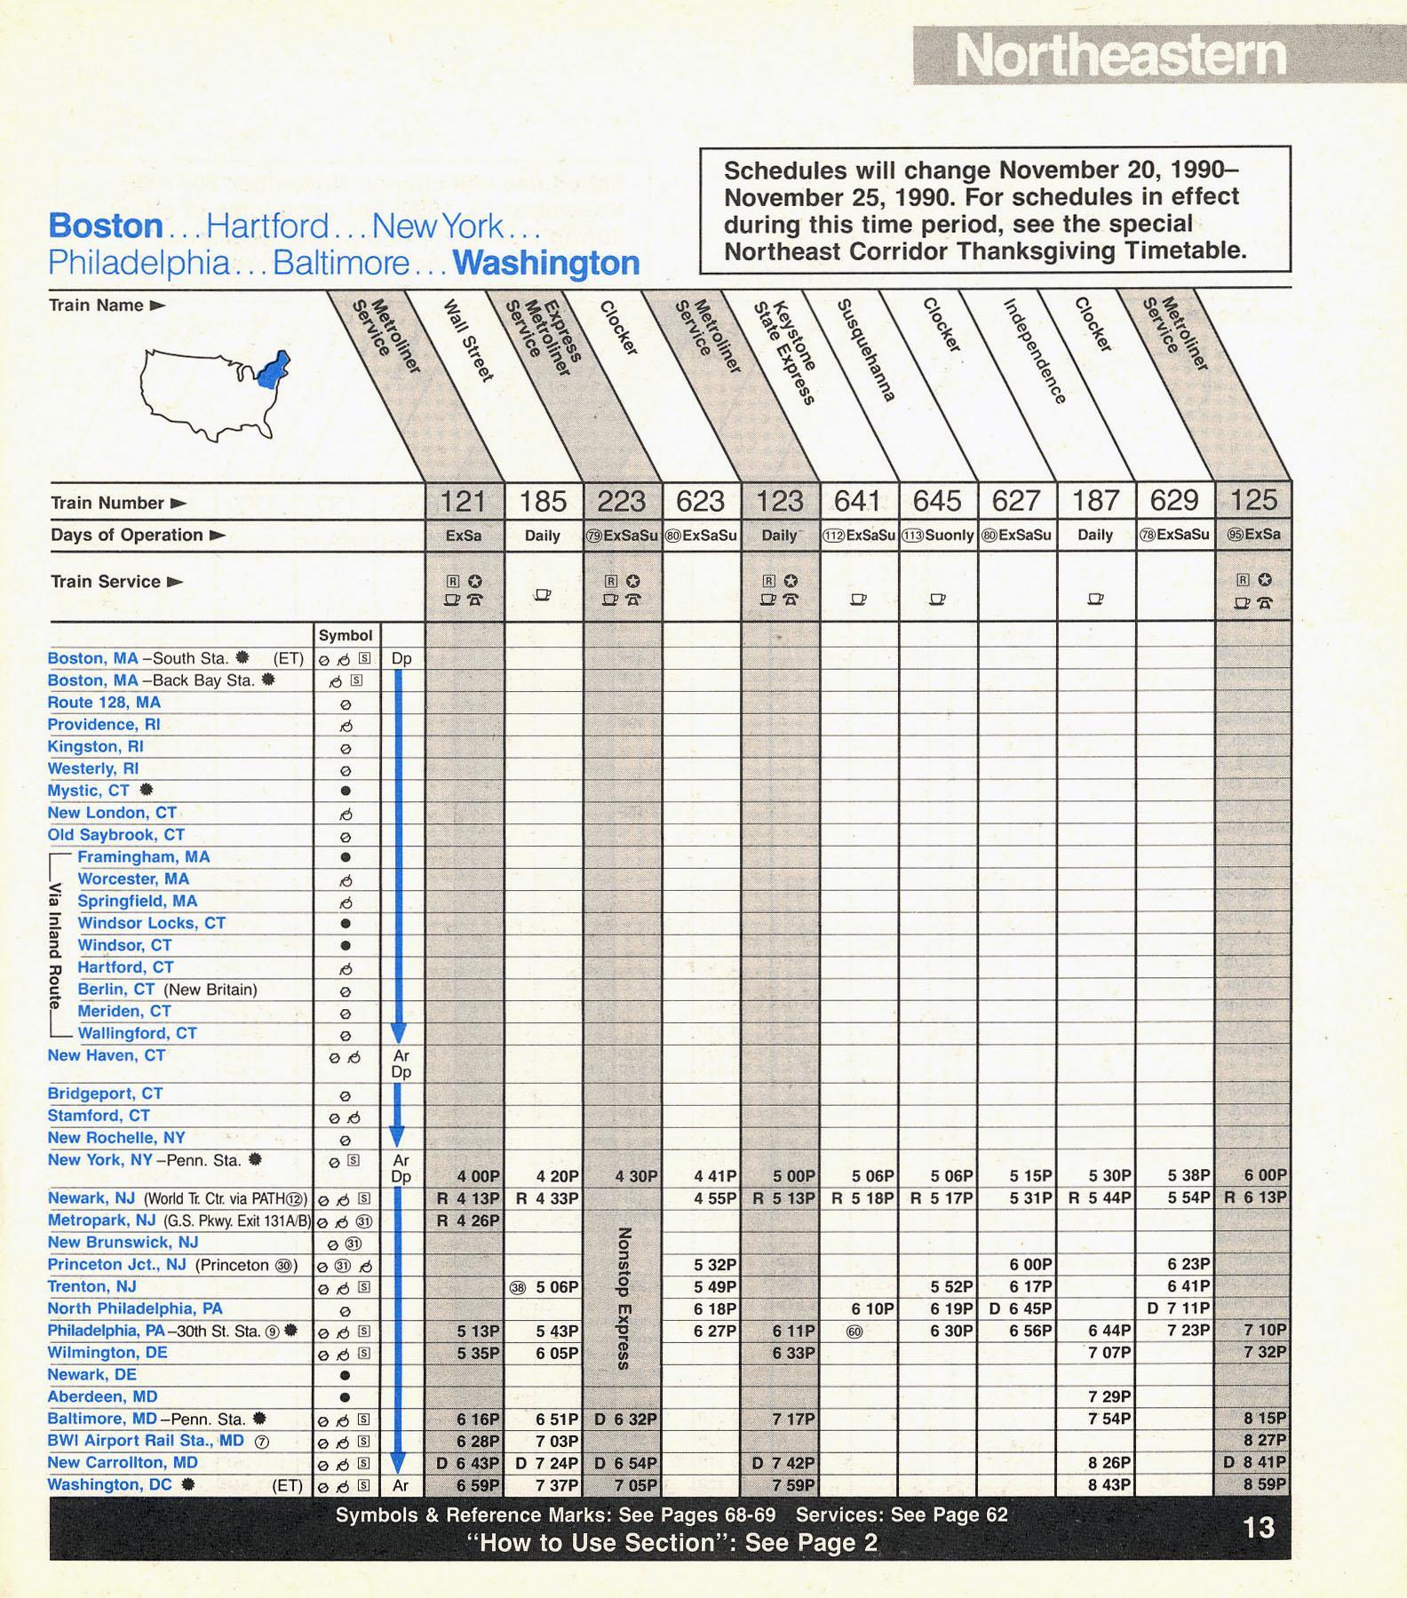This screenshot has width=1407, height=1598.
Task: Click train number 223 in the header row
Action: [621, 502]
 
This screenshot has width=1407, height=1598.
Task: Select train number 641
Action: [858, 502]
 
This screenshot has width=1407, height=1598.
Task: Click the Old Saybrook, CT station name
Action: [115, 835]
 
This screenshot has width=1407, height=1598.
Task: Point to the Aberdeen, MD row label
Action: [102, 1396]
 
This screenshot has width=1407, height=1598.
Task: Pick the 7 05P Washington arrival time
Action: [634, 1485]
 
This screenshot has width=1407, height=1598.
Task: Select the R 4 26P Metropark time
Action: [468, 1220]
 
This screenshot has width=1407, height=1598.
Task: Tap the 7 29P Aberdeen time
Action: [1109, 1397]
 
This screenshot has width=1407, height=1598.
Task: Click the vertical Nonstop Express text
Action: [624, 1297]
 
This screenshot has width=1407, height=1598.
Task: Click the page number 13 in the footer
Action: [1259, 1528]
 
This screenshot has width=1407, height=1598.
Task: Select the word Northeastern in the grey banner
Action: [1120, 56]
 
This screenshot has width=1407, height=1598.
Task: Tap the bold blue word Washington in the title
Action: [545, 263]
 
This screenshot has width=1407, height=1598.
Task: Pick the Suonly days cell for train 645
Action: [937, 536]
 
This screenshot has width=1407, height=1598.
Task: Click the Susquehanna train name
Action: [866, 351]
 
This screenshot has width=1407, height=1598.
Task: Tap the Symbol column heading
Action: [346, 635]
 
